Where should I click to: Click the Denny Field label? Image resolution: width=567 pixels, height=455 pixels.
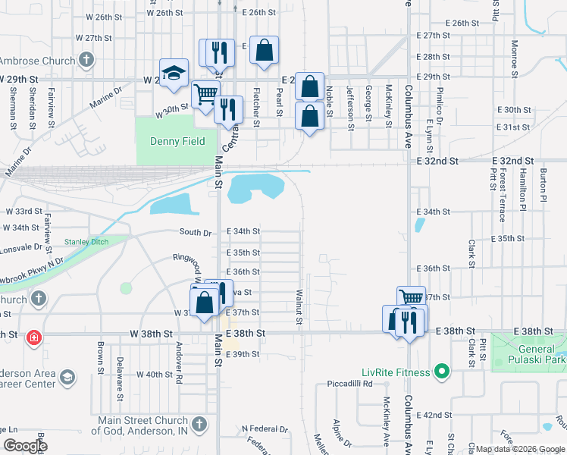[177, 142]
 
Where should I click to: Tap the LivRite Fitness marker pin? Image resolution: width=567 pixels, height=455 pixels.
[445, 372]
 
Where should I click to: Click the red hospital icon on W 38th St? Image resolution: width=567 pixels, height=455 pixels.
[33, 337]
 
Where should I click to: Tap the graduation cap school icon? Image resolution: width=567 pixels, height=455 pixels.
[174, 73]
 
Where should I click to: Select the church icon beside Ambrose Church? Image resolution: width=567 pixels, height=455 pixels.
[86, 60]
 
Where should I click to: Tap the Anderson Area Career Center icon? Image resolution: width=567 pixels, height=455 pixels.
[67, 377]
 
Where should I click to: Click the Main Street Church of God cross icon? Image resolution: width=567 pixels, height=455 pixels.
[199, 423]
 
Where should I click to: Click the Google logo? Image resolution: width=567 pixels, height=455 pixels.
[24, 445]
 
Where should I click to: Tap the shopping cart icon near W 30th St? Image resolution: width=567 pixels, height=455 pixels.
[205, 94]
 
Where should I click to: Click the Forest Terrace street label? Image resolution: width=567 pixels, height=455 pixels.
[502, 196]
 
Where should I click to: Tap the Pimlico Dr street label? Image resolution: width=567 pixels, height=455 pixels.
[439, 99]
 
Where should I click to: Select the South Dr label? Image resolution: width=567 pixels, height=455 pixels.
[195, 232]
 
